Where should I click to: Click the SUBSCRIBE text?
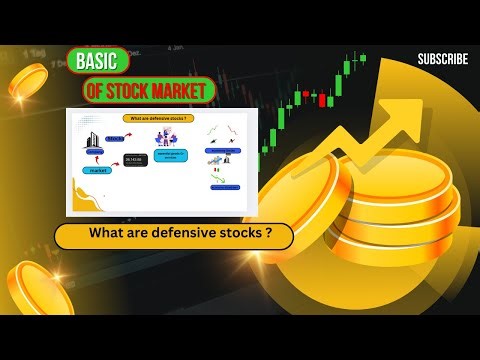(x=442, y=59)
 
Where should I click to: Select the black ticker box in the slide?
(x=135, y=159)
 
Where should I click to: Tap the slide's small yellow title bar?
(x=160, y=117)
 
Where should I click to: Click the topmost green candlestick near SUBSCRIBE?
(x=362, y=59)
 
